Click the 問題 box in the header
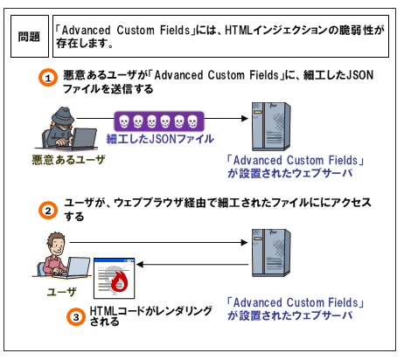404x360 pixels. (30, 37)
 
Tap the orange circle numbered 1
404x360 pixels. (48, 78)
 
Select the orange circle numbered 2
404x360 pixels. (48, 211)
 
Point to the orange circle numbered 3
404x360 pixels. (76, 316)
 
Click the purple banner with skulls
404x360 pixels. (159, 121)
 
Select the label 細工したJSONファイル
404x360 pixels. (160, 139)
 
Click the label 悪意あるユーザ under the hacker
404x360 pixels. (68, 160)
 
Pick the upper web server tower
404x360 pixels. (271, 126)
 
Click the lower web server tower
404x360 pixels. (271, 253)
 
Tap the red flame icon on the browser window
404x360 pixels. (120, 281)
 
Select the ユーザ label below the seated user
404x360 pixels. (62, 292)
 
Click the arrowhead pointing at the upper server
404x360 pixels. (245, 118)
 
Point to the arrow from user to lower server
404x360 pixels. (159, 242)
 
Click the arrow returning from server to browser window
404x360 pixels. (192, 265)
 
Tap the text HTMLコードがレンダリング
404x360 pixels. (151, 311)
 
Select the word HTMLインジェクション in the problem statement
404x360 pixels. (277, 30)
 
